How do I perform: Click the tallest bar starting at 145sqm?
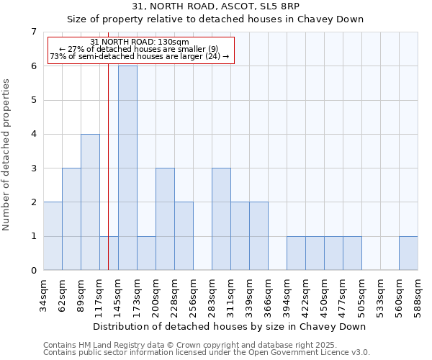click(127, 168)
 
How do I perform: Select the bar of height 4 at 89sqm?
click(90, 202)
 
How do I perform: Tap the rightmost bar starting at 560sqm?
click(408, 253)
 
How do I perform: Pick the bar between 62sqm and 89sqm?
click(71, 219)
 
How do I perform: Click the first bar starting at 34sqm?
click(53, 236)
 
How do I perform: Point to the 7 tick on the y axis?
click(33, 32)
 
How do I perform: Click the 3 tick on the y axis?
click(33, 168)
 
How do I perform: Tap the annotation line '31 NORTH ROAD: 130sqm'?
click(140, 42)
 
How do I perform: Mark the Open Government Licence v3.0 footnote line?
click(206, 352)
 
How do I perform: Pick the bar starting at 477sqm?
click(352, 253)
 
